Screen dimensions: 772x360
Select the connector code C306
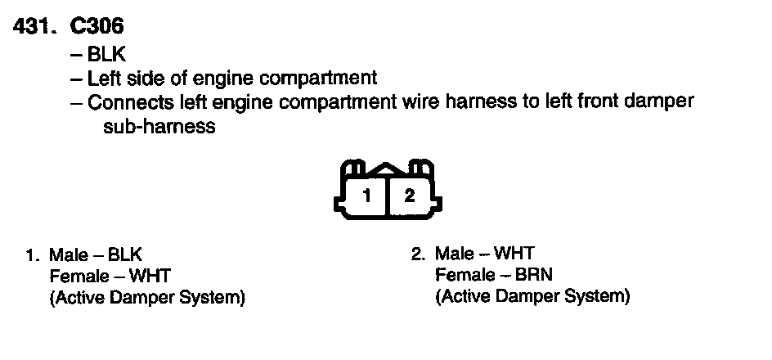[96, 26]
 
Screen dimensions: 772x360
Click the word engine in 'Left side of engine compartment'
[229, 79]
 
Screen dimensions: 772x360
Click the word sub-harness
[159, 127]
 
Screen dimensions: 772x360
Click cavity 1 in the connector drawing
[367, 196]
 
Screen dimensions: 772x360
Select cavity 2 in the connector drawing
[410, 196]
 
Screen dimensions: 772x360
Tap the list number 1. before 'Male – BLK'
[34, 254]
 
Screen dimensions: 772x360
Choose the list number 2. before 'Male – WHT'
[419, 254]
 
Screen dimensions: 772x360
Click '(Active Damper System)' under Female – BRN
[532, 296]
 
